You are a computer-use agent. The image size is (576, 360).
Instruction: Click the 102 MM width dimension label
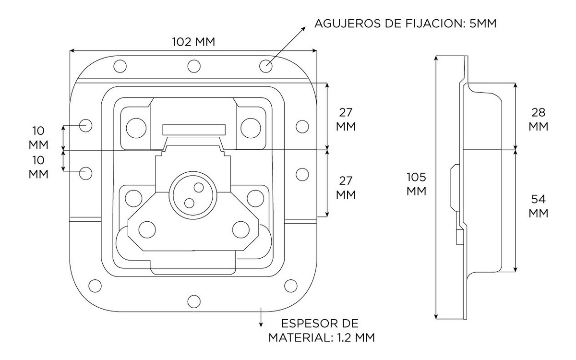pos(193,42)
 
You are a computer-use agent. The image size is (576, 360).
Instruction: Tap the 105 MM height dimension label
pos(416,183)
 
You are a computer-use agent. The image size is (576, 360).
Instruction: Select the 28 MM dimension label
pos(538,120)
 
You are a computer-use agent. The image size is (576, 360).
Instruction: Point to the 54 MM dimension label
pos(538,206)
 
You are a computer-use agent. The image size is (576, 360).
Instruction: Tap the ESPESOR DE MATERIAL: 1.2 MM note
pos(321,330)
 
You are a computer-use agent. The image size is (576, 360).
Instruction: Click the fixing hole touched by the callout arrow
pos(266,66)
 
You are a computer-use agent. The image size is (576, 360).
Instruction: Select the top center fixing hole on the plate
pos(194,66)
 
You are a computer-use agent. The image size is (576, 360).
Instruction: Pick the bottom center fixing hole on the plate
pos(194,301)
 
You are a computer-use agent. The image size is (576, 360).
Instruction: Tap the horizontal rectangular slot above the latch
pos(194,130)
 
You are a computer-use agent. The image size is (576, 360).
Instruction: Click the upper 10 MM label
pos(38,137)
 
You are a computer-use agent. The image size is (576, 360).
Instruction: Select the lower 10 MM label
pos(38,167)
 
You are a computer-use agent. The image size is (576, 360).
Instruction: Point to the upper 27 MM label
pos(346,120)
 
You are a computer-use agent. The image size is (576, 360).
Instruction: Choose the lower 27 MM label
pos(346,188)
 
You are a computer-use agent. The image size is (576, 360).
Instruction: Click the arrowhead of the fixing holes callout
pos(304,29)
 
